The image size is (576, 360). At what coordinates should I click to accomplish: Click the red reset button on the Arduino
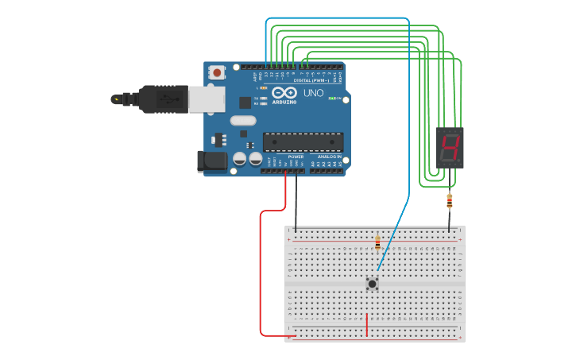tap(216, 72)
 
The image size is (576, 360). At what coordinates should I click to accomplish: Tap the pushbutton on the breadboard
tap(372, 283)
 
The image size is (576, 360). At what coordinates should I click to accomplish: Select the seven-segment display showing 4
tap(450, 148)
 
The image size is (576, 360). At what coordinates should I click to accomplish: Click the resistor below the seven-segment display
tap(450, 201)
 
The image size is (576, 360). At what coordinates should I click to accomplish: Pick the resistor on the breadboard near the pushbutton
tap(377, 242)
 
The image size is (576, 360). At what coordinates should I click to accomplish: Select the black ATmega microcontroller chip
tap(303, 142)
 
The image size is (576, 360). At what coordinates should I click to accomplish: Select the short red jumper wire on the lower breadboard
tap(367, 325)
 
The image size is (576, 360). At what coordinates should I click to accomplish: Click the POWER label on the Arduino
tap(296, 157)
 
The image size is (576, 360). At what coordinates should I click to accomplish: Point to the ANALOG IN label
tap(329, 157)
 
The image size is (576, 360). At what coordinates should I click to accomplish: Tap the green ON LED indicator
tap(334, 99)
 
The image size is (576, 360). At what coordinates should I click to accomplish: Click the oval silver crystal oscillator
tap(243, 121)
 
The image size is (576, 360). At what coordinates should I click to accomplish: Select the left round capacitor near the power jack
tap(239, 159)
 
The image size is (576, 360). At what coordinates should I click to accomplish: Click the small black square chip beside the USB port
tap(245, 102)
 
